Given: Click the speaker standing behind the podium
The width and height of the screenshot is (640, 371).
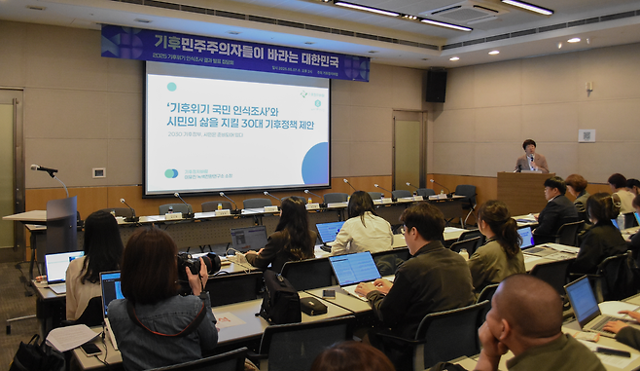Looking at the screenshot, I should click(x=530, y=157).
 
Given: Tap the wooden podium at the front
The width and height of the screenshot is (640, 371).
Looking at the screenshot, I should click(x=522, y=192).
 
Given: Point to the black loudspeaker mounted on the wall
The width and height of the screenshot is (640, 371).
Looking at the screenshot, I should click(x=436, y=87).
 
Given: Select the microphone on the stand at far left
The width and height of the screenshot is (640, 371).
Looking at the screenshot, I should click(x=43, y=169).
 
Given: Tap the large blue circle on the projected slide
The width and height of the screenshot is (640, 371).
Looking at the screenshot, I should click(x=315, y=164).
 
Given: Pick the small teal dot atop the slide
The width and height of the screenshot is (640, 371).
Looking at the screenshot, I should click(x=171, y=87).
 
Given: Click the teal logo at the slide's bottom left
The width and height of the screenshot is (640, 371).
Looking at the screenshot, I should click(x=171, y=173).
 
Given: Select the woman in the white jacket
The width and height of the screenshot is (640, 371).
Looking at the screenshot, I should click(x=362, y=225).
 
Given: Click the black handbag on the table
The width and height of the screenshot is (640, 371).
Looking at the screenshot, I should click(x=280, y=300).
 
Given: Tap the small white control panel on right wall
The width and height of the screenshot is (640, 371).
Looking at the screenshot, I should click(x=587, y=135).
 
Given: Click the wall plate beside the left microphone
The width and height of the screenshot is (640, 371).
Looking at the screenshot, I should click(x=98, y=172).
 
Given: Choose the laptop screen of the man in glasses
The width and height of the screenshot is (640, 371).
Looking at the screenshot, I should click(x=354, y=268).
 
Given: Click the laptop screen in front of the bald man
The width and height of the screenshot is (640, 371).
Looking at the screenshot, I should click(x=583, y=301).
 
